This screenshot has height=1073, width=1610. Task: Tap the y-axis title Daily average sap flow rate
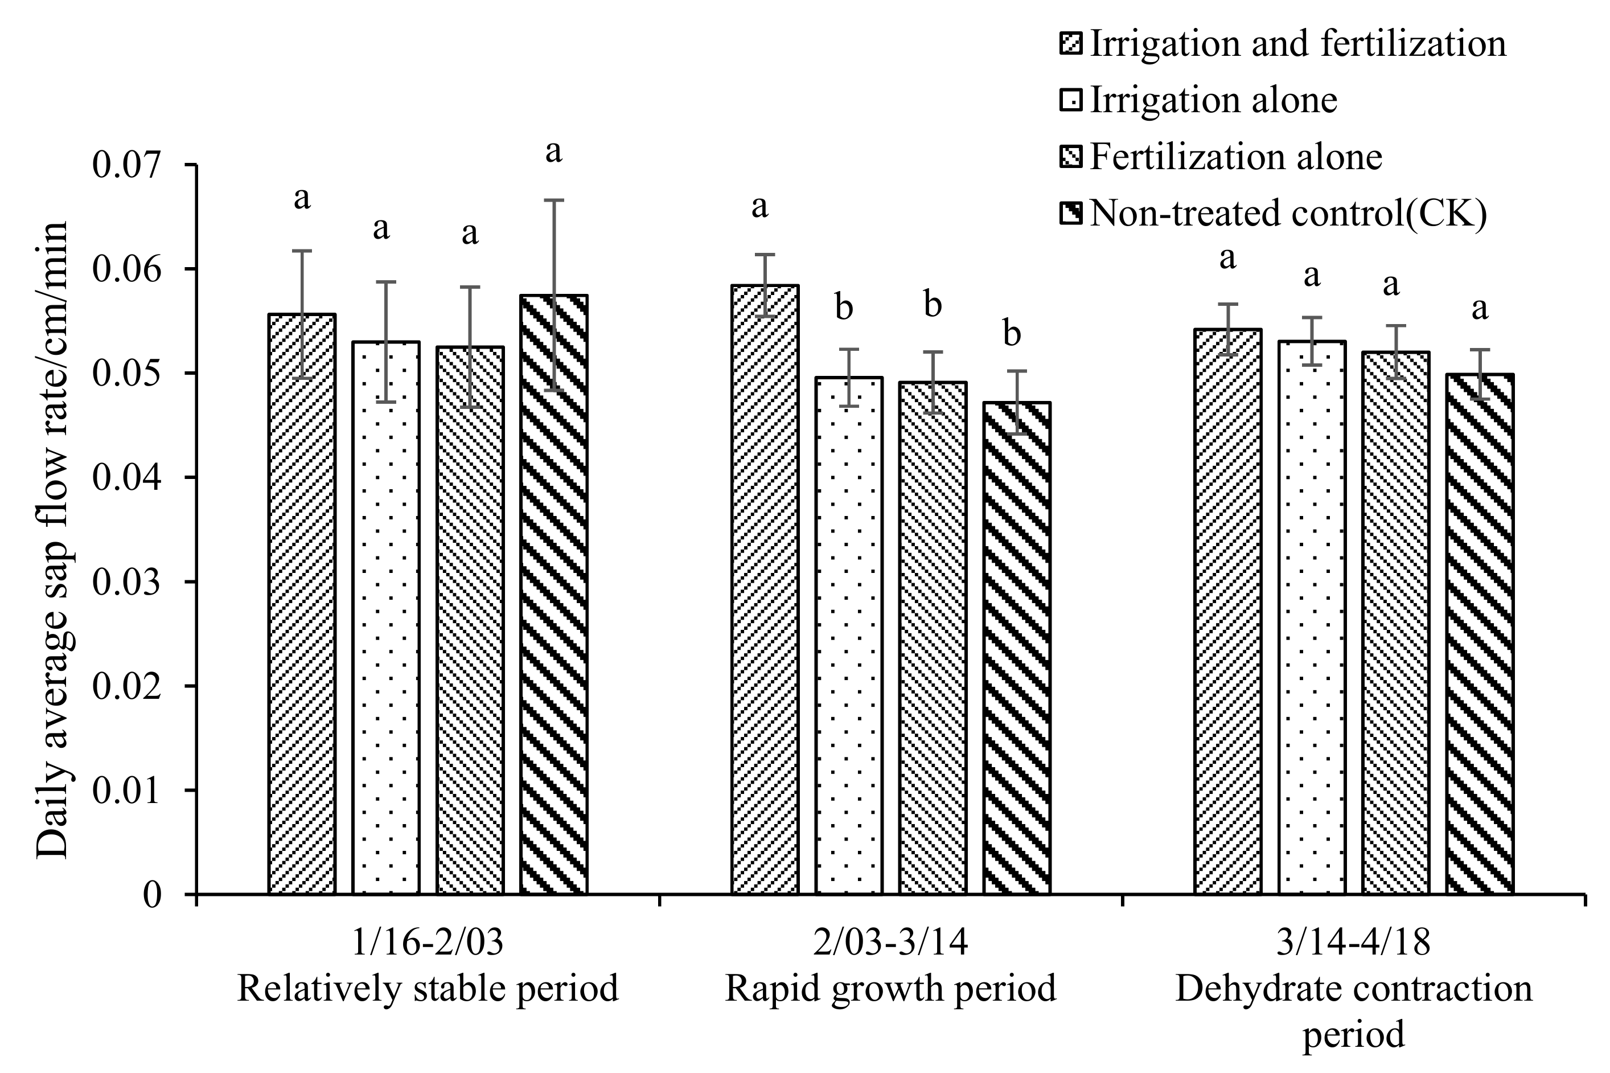(x=53, y=539)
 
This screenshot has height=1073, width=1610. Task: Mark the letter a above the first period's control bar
(x=553, y=152)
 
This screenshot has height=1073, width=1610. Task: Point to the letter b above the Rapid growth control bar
(x=1012, y=335)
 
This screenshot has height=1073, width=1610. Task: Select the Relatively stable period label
(x=428, y=989)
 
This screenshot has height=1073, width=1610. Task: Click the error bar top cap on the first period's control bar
(x=553, y=200)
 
